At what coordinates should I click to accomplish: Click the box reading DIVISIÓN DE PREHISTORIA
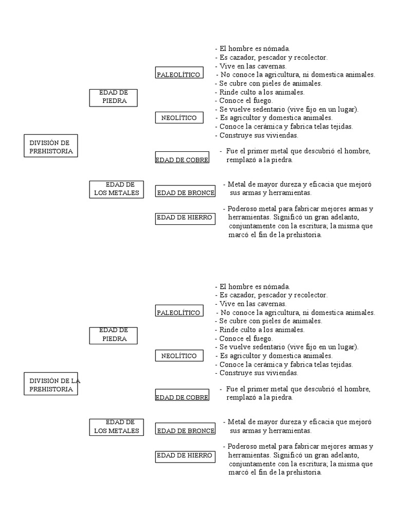click(50, 147)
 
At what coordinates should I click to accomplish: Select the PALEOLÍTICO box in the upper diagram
click(178, 75)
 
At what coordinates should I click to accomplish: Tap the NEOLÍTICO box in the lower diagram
click(178, 356)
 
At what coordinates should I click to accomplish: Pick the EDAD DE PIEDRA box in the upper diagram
click(114, 97)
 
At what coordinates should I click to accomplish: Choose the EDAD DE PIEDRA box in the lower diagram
click(114, 335)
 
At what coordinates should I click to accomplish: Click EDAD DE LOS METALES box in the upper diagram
click(116, 189)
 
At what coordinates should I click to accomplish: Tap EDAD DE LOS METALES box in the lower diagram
click(116, 427)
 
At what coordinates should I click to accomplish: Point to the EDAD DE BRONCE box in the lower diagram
click(185, 430)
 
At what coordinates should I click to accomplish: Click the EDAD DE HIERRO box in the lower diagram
click(184, 455)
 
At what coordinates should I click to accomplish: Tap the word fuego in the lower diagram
click(262, 339)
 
